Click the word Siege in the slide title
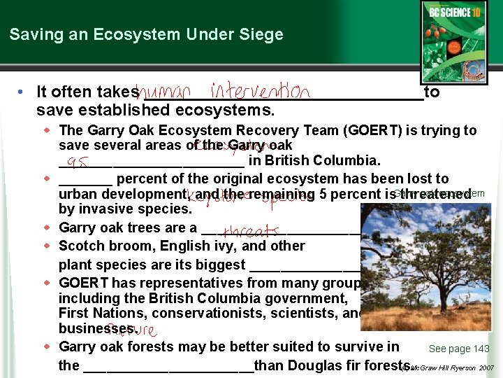coord(261,34)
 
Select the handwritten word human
coord(166,92)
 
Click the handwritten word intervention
coord(260,91)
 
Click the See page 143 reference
coord(458,349)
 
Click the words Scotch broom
coord(101,246)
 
